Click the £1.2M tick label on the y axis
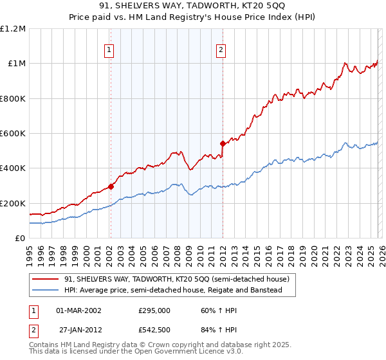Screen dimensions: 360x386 pyautogui.click(x=13, y=29)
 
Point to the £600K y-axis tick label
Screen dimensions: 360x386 pyautogui.click(x=13, y=134)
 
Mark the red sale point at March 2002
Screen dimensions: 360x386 pyautogui.click(x=111, y=186)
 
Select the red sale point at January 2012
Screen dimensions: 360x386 pyautogui.click(x=223, y=143)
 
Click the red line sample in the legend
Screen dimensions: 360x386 pyautogui.click(x=46, y=280)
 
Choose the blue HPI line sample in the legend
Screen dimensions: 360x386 pyautogui.click(x=46, y=291)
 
